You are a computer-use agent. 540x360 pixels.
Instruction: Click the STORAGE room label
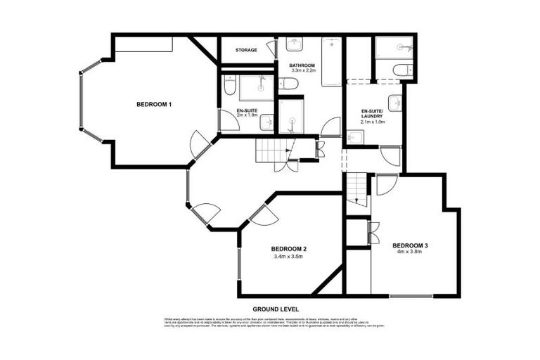point(246,51)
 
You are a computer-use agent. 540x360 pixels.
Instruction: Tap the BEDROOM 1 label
point(154,105)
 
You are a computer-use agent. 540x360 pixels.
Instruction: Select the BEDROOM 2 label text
point(288,249)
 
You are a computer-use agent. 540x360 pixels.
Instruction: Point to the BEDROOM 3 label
point(410,245)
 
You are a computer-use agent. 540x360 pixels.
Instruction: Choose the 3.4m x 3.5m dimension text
point(288,257)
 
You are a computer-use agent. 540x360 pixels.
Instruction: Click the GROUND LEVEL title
point(276,309)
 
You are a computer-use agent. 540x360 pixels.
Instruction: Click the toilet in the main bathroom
point(289,84)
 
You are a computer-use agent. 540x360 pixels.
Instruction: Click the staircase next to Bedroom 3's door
point(358,188)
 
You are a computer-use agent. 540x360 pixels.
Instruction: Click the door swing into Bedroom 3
point(386,183)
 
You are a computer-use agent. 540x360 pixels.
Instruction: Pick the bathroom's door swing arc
point(329,127)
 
